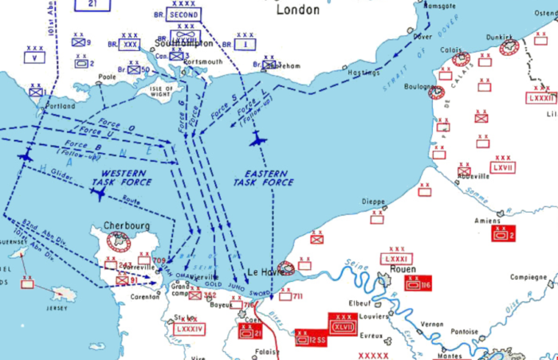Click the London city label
[298, 10]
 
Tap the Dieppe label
[373, 202]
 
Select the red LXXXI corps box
[396, 259]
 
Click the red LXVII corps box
[503, 167]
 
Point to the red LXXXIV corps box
[190, 327]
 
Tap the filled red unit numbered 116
[417, 284]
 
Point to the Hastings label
[364, 72]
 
